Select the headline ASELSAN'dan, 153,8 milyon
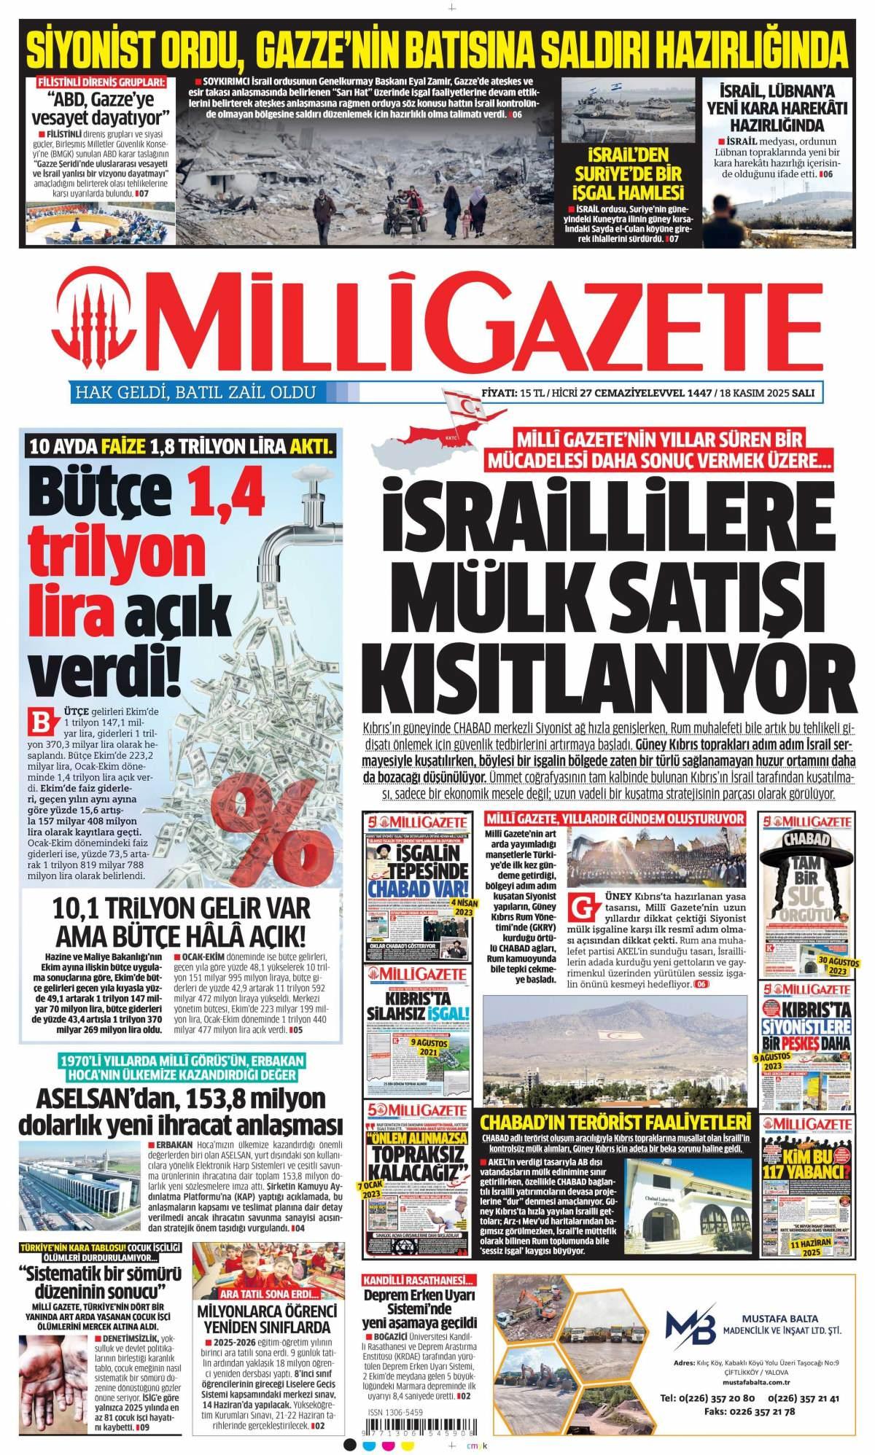180,1099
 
